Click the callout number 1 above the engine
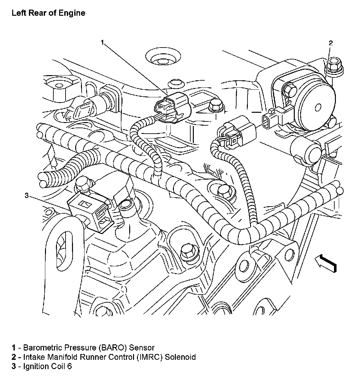point(102,42)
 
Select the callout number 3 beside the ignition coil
point(27,195)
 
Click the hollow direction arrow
point(325,262)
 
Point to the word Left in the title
point(17,13)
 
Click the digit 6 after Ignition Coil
point(69,366)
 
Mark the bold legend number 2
point(14,357)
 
